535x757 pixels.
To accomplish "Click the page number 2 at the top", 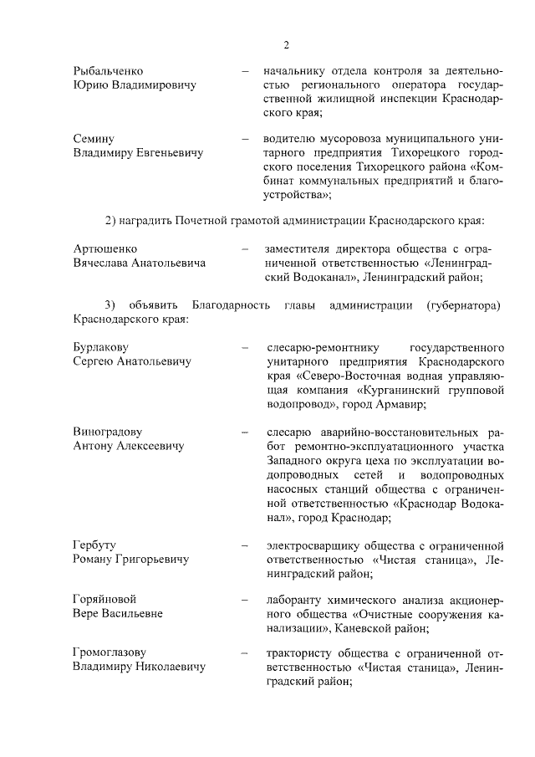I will [285, 45].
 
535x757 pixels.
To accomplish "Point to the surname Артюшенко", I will [105, 248].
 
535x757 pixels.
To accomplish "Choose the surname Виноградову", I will [109, 432].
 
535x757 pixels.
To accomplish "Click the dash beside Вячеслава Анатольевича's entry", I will [244, 248].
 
